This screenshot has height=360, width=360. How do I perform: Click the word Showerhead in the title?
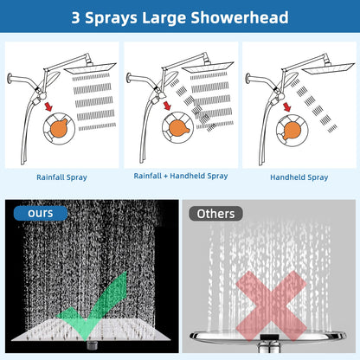click(239, 17)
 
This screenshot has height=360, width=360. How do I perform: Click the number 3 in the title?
click(75, 17)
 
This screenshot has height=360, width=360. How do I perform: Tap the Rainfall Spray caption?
click(61, 177)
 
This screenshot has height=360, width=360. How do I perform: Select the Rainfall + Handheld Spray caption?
click(181, 176)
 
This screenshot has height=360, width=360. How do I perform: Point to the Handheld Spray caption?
click(299, 177)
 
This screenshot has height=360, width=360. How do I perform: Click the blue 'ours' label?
click(41, 213)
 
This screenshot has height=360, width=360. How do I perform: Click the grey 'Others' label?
click(215, 214)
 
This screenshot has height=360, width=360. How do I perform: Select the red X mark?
click(271, 305)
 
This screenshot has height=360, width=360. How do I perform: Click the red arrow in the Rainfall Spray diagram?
click(48, 106)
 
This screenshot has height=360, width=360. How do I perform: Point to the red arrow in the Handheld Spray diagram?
click(286, 106)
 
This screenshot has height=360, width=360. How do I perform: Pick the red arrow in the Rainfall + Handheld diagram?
click(167, 106)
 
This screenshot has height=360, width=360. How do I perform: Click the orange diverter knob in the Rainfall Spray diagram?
click(59, 128)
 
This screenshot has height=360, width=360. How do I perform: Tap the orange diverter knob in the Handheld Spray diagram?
click(292, 131)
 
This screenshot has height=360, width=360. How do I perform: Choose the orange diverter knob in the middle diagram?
click(179, 128)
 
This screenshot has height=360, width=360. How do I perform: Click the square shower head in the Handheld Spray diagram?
click(330, 68)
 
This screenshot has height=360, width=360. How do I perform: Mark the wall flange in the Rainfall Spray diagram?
click(10, 78)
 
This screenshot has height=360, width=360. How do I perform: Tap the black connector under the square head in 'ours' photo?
click(93, 345)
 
